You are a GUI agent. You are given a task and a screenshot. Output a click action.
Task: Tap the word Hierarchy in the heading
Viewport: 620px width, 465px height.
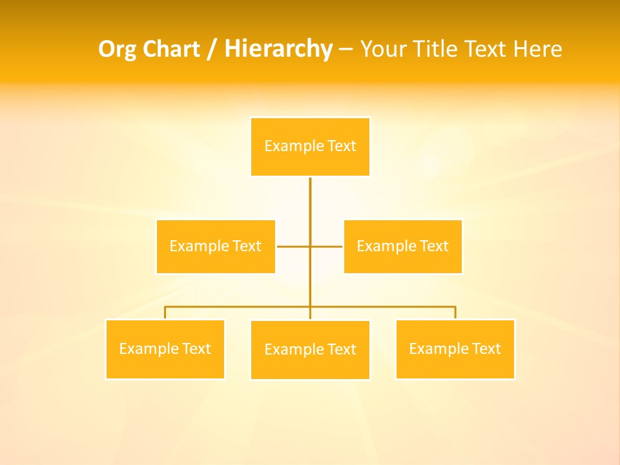278,49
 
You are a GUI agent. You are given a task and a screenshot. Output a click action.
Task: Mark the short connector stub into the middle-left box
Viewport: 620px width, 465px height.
293,246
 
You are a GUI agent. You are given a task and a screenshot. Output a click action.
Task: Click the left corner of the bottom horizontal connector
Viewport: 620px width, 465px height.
165,307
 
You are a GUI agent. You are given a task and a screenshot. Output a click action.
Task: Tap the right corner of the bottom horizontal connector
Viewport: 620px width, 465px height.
455,307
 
